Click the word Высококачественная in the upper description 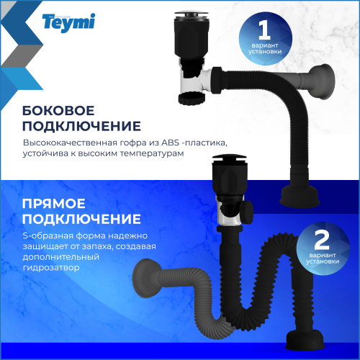click(x=63, y=142)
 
